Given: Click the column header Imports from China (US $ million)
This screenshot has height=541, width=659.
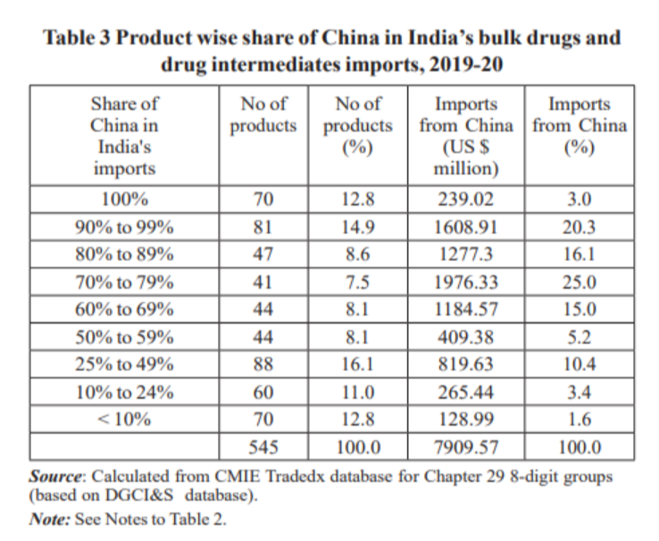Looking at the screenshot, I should pos(465,135).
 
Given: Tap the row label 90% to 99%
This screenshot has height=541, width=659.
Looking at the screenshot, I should pos(124,227).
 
